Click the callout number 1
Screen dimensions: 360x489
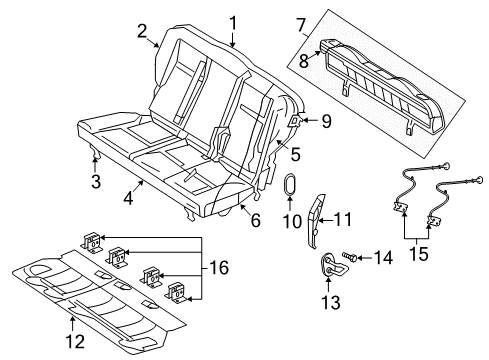click(233, 21)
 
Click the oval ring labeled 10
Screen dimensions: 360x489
click(291, 188)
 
